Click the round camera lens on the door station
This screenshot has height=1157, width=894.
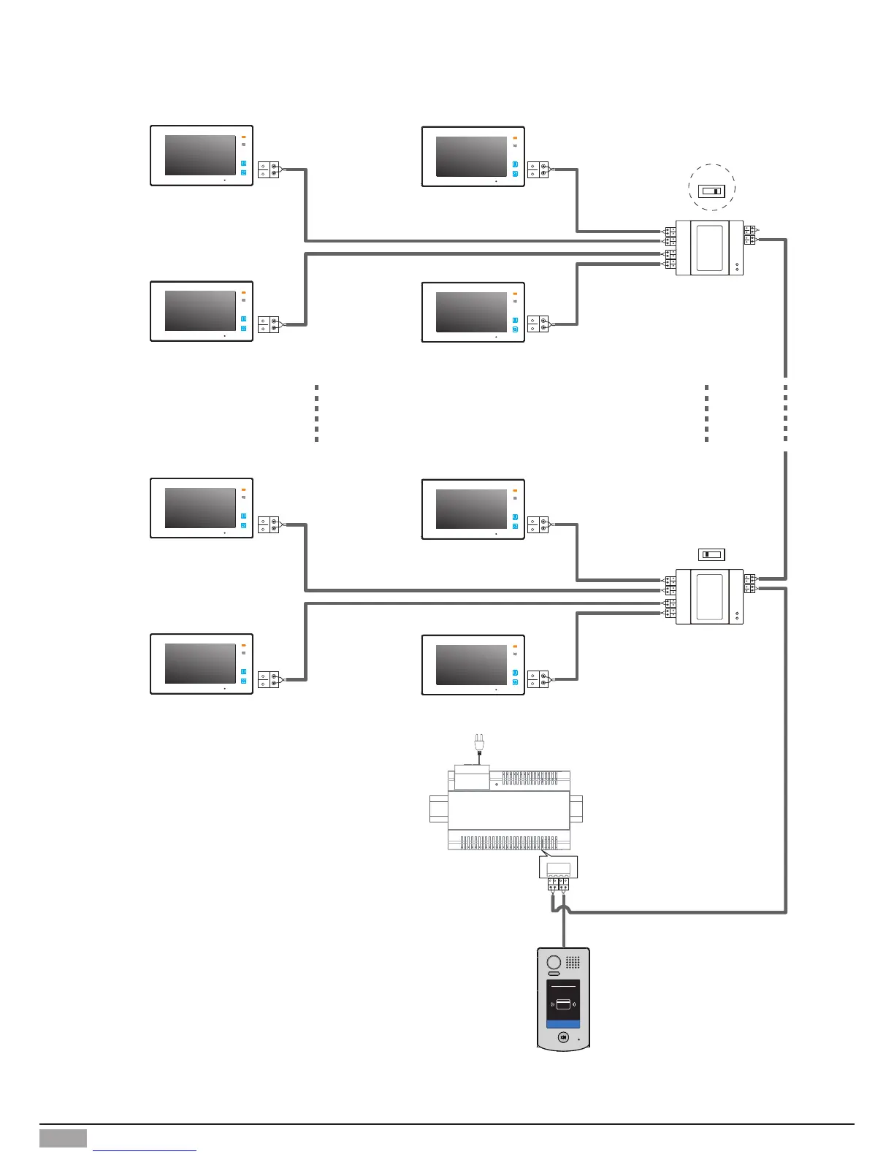click(x=554, y=962)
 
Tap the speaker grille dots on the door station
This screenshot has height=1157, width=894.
click(x=573, y=962)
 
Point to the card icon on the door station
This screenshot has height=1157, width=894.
click(x=563, y=1004)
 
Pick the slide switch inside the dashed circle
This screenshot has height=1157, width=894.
click(x=711, y=191)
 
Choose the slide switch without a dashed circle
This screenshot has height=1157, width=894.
click(x=711, y=554)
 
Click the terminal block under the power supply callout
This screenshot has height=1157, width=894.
click(x=558, y=885)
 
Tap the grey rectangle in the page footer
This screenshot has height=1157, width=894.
click(x=63, y=1138)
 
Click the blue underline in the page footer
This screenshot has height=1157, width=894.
click(x=145, y=1151)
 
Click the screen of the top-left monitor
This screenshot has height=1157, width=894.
click(x=200, y=155)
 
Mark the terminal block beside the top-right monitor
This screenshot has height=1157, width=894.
click(x=538, y=170)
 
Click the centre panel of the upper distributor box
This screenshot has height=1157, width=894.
click(x=709, y=248)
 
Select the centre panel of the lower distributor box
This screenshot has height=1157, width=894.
click(x=709, y=596)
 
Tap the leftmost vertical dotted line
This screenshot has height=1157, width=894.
click(x=316, y=413)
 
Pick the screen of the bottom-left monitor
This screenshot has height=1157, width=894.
click(x=200, y=663)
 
